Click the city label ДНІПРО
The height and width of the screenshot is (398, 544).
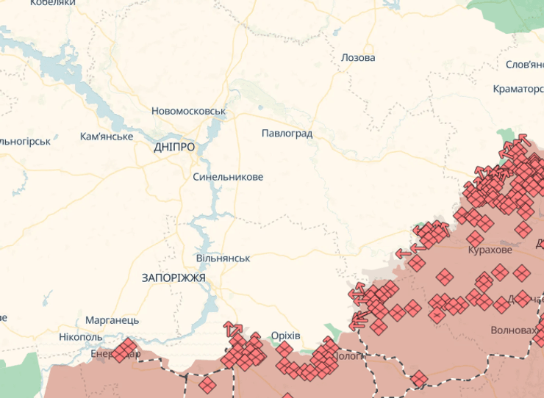(x=175, y=147)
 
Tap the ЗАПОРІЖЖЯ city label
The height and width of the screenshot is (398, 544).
(x=173, y=278)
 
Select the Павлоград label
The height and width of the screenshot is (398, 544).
(x=287, y=134)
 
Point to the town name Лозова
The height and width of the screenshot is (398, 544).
(x=358, y=58)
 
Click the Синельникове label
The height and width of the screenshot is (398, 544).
(x=228, y=177)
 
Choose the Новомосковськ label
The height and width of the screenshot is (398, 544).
(x=188, y=112)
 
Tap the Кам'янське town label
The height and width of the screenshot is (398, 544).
(x=107, y=137)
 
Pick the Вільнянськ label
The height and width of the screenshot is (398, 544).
(x=223, y=258)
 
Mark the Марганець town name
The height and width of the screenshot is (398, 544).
(x=112, y=321)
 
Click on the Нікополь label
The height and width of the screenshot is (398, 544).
(x=81, y=337)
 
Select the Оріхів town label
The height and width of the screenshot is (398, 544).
(x=285, y=336)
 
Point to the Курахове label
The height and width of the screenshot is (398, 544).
(x=490, y=250)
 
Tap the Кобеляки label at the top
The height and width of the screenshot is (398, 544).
(x=53, y=4)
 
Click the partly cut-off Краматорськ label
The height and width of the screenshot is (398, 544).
(x=518, y=90)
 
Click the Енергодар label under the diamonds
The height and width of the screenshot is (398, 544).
(x=110, y=354)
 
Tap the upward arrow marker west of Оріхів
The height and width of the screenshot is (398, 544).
(x=232, y=328)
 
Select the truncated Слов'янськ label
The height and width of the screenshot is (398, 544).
(x=524, y=65)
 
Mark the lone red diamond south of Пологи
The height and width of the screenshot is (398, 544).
(x=419, y=379)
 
